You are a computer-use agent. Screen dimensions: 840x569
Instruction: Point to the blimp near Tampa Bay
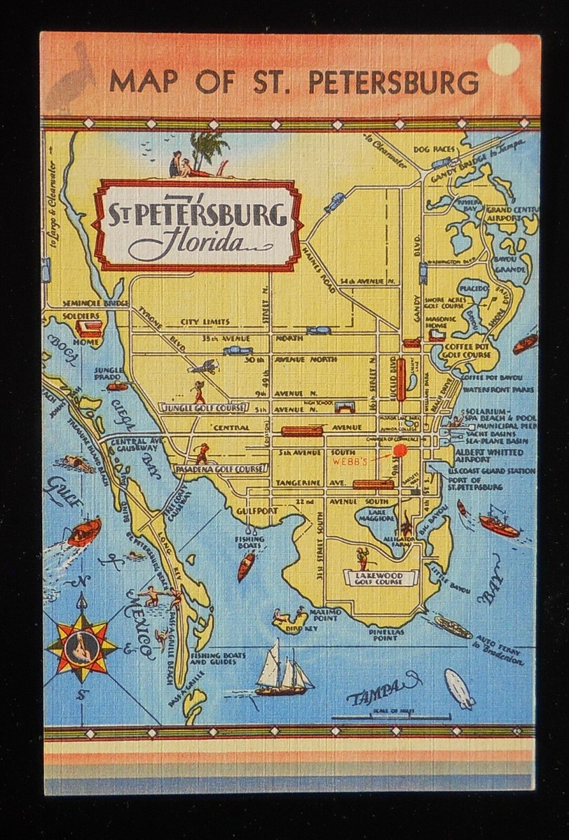(x=460, y=688)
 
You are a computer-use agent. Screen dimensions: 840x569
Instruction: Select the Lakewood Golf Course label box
(x=379, y=577)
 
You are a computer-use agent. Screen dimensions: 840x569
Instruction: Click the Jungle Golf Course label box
(x=203, y=407)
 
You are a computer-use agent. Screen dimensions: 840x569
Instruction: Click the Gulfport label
(x=259, y=512)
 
